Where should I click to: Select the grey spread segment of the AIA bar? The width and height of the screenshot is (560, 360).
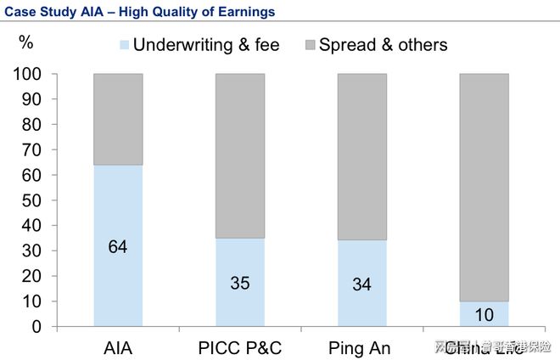point(118,119)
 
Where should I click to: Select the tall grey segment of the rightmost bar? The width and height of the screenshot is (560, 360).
point(484,187)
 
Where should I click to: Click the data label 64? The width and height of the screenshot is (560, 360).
point(118,247)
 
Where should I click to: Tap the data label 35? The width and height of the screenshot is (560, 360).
point(240,283)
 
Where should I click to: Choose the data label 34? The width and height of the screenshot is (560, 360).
point(362,284)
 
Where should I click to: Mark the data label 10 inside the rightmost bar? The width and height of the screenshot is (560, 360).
point(484,315)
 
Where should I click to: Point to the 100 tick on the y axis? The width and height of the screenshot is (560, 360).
point(28,75)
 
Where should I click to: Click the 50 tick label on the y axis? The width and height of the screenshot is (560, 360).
point(32,200)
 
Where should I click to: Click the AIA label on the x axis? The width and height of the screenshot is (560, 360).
point(118,346)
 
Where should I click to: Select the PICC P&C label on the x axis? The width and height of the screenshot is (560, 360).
point(240,346)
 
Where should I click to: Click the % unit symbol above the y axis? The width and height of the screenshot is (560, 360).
point(26,42)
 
